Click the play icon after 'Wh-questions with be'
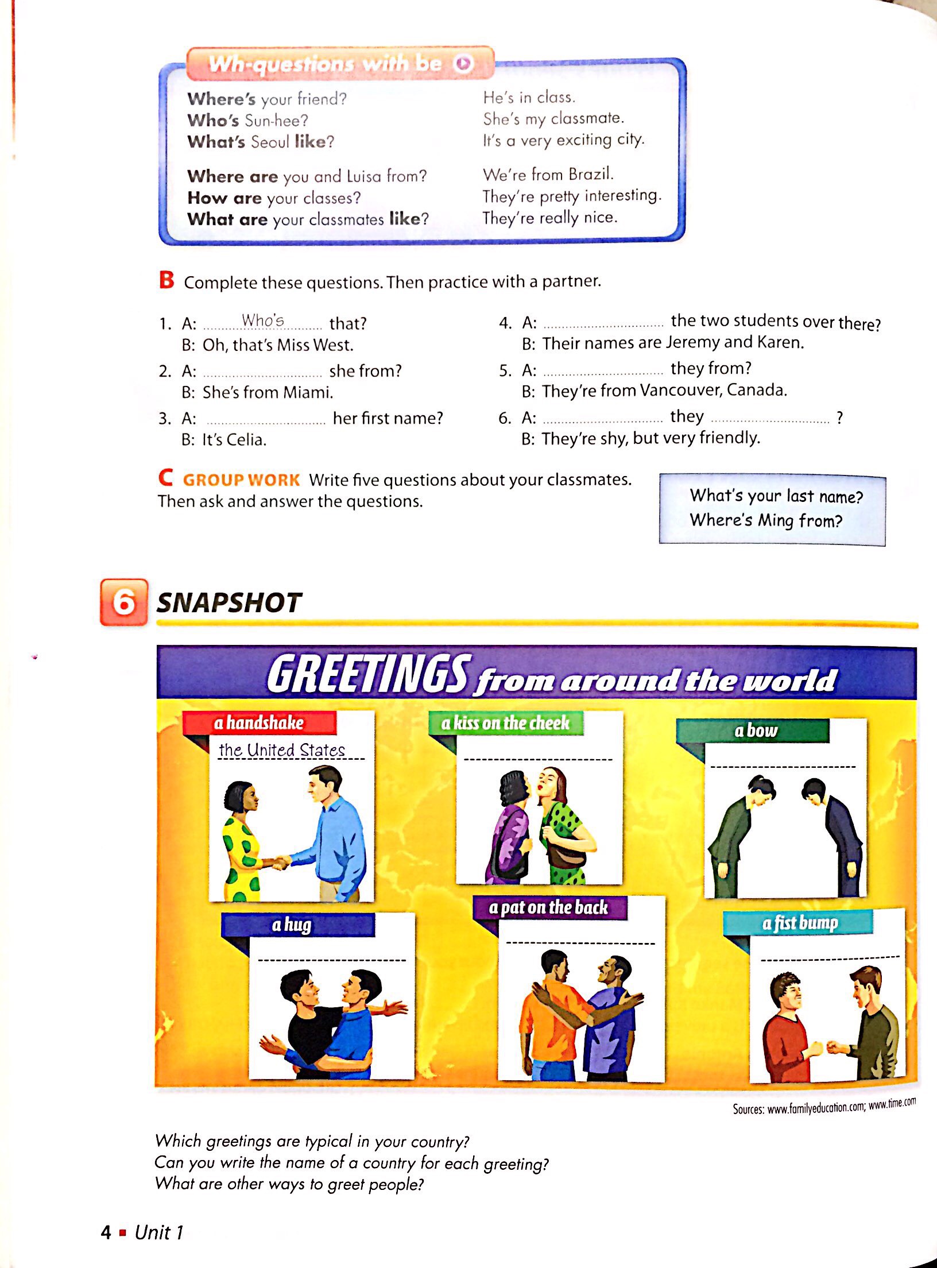point(464,64)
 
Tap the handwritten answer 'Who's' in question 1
point(263,320)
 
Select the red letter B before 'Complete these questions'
point(167,280)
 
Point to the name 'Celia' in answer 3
point(245,440)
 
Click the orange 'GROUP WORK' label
point(241,480)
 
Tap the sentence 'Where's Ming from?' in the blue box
point(766,520)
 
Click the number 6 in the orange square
point(124,602)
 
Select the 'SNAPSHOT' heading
point(229,603)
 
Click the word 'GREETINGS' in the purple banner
point(367,675)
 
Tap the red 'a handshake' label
point(259,722)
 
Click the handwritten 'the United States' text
point(281,750)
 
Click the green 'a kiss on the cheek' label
point(505,723)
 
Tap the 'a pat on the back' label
point(548,907)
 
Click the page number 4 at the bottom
point(106,1232)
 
